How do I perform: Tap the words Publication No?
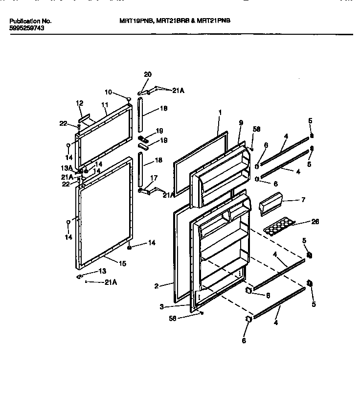coord(30,22)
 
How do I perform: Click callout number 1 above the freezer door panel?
coord(220,113)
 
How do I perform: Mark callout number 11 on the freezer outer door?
coord(104,105)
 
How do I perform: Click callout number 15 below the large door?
coord(122,263)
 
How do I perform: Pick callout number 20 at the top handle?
coord(148,74)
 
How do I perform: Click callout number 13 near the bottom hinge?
coord(102,271)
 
